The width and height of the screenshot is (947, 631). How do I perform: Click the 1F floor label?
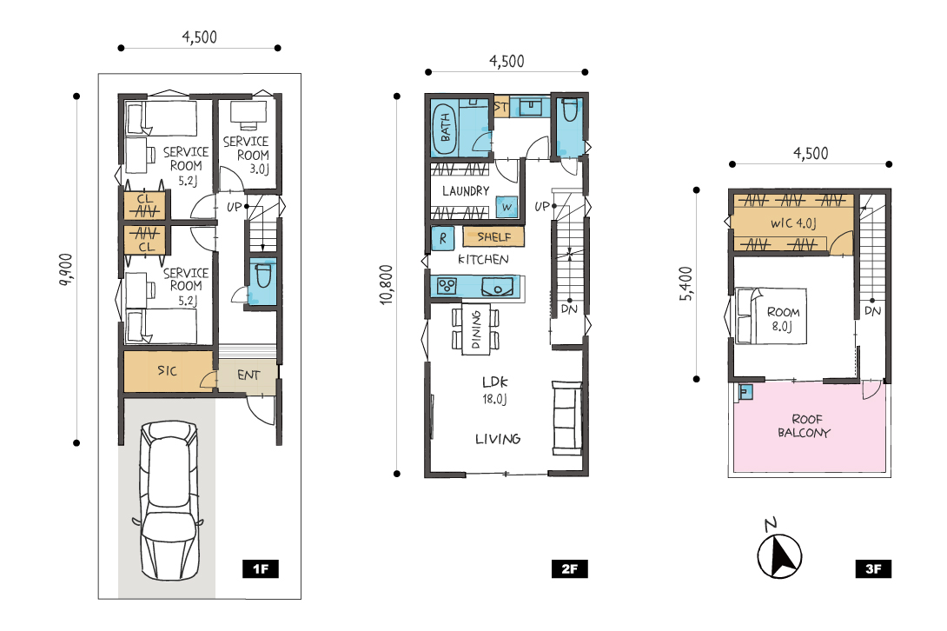[x=261, y=568]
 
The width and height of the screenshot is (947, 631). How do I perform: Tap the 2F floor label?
[x=570, y=568]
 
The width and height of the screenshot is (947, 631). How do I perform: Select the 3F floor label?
[x=873, y=568]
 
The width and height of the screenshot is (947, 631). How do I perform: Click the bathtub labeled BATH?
[x=445, y=127]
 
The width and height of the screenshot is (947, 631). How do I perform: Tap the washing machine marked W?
[x=507, y=207]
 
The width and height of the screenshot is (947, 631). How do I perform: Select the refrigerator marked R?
[x=443, y=239]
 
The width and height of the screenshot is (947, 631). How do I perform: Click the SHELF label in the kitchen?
[x=494, y=237]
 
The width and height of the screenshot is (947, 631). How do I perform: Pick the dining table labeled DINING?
[x=476, y=329]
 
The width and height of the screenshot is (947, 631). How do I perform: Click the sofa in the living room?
[x=567, y=418]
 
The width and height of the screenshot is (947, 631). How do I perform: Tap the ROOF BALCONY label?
[x=805, y=426]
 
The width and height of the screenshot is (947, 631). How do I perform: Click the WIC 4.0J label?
[x=793, y=223]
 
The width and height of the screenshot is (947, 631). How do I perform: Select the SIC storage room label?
[x=168, y=370]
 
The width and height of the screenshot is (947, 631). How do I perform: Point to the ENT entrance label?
[x=248, y=375]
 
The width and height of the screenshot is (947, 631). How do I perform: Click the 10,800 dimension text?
[x=387, y=284]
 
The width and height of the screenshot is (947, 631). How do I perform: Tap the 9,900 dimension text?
[x=66, y=269]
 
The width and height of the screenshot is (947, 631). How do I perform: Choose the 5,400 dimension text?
[x=686, y=283]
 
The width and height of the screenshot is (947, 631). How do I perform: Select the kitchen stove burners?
[x=447, y=286]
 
